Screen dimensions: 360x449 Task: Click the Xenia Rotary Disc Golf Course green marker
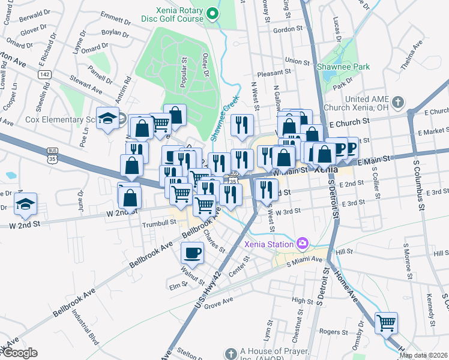click(211, 13)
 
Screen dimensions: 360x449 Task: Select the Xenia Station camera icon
click(303, 243)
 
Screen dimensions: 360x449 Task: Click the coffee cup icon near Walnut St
click(192, 253)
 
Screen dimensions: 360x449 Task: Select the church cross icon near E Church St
click(398, 103)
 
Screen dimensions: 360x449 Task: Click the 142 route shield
click(44, 74)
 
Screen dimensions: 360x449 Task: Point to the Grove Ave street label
click(218, 305)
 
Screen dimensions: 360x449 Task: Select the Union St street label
click(297, 61)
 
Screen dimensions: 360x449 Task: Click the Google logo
click(19, 353)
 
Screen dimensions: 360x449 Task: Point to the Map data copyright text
click(423, 355)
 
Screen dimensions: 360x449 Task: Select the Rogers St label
click(334, 331)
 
